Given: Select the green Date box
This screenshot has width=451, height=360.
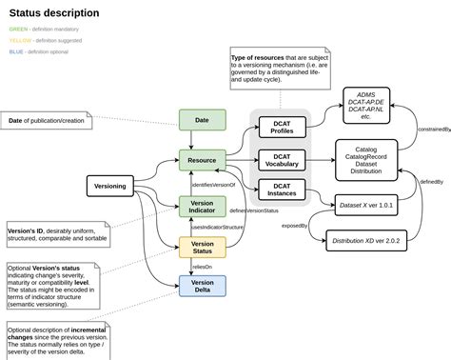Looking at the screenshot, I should coord(202,119).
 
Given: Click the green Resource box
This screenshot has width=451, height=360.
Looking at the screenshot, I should coord(202,160).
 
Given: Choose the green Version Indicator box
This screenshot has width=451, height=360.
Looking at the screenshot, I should coord(202,207).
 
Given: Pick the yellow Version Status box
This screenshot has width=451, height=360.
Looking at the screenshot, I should coord(202,248).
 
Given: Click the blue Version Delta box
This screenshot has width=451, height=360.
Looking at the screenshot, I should coord(202,286).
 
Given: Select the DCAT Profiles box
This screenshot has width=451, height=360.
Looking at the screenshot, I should coord(282,127).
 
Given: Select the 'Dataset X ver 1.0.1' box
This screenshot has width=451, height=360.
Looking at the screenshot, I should coord(366,205).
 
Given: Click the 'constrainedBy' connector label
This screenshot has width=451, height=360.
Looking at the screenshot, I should coord(432,129).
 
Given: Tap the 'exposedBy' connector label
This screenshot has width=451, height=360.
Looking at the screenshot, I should coord(293,226).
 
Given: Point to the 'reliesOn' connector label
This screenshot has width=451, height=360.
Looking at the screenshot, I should coord(202,269).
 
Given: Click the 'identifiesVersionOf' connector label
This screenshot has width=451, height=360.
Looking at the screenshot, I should coord(213,184).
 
